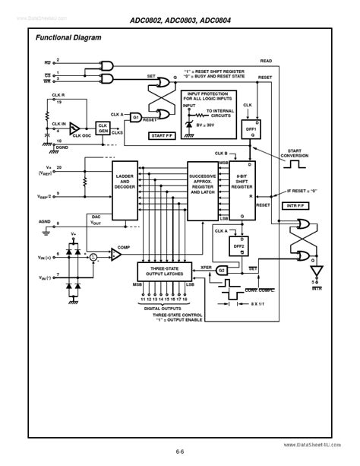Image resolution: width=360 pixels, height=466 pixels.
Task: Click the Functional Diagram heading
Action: pyautogui.click(x=68, y=37)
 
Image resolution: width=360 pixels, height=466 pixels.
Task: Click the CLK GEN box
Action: pyautogui.click(x=103, y=127)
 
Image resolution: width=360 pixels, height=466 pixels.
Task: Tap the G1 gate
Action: pyautogui.click(x=136, y=117)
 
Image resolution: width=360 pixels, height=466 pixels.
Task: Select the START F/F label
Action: pyautogui.click(x=162, y=136)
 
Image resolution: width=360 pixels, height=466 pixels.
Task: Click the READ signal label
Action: pyautogui.click(x=266, y=60)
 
